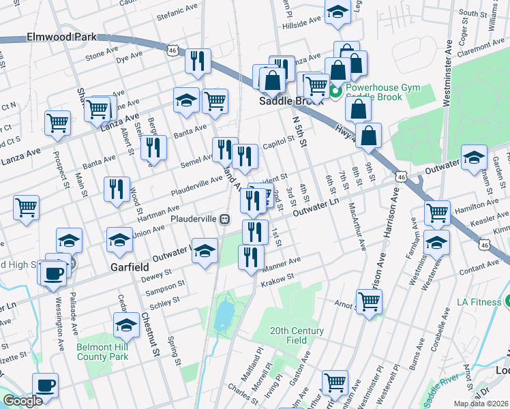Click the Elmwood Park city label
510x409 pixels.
(x=61, y=37)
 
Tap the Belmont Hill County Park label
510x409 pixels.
(x=102, y=351)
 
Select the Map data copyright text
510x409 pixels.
(x=481, y=404)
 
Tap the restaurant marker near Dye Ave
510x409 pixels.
(x=198, y=61)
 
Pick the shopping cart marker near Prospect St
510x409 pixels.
(x=58, y=123)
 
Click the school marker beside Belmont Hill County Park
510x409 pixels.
(x=125, y=325)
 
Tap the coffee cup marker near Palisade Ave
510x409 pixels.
(x=54, y=272)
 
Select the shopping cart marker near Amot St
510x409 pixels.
(x=369, y=300)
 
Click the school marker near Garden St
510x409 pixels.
(x=474, y=157)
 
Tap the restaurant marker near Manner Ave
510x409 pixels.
(x=251, y=256)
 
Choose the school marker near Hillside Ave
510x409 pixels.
(x=337, y=12)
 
